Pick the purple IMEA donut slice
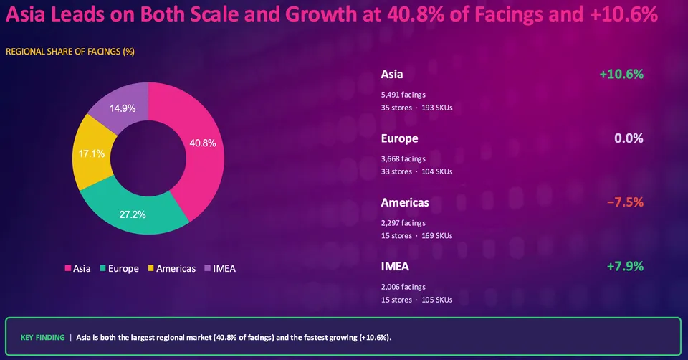[122, 107]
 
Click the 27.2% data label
[133, 214]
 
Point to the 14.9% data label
[123, 108]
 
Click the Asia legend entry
[77, 268]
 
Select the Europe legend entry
[120, 268]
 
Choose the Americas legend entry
[171, 268]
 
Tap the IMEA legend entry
[220, 268]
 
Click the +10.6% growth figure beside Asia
[621, 74]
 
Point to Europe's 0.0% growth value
[629, 138]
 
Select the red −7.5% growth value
[625, 202]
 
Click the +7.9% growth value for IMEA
[625, 267]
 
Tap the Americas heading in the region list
[405, 202]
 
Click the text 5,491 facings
[403, 95]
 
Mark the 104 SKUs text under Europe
[437, 171]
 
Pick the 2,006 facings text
[403, 287]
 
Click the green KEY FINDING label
[42, 338]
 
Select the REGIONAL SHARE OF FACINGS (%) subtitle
[70, 52]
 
